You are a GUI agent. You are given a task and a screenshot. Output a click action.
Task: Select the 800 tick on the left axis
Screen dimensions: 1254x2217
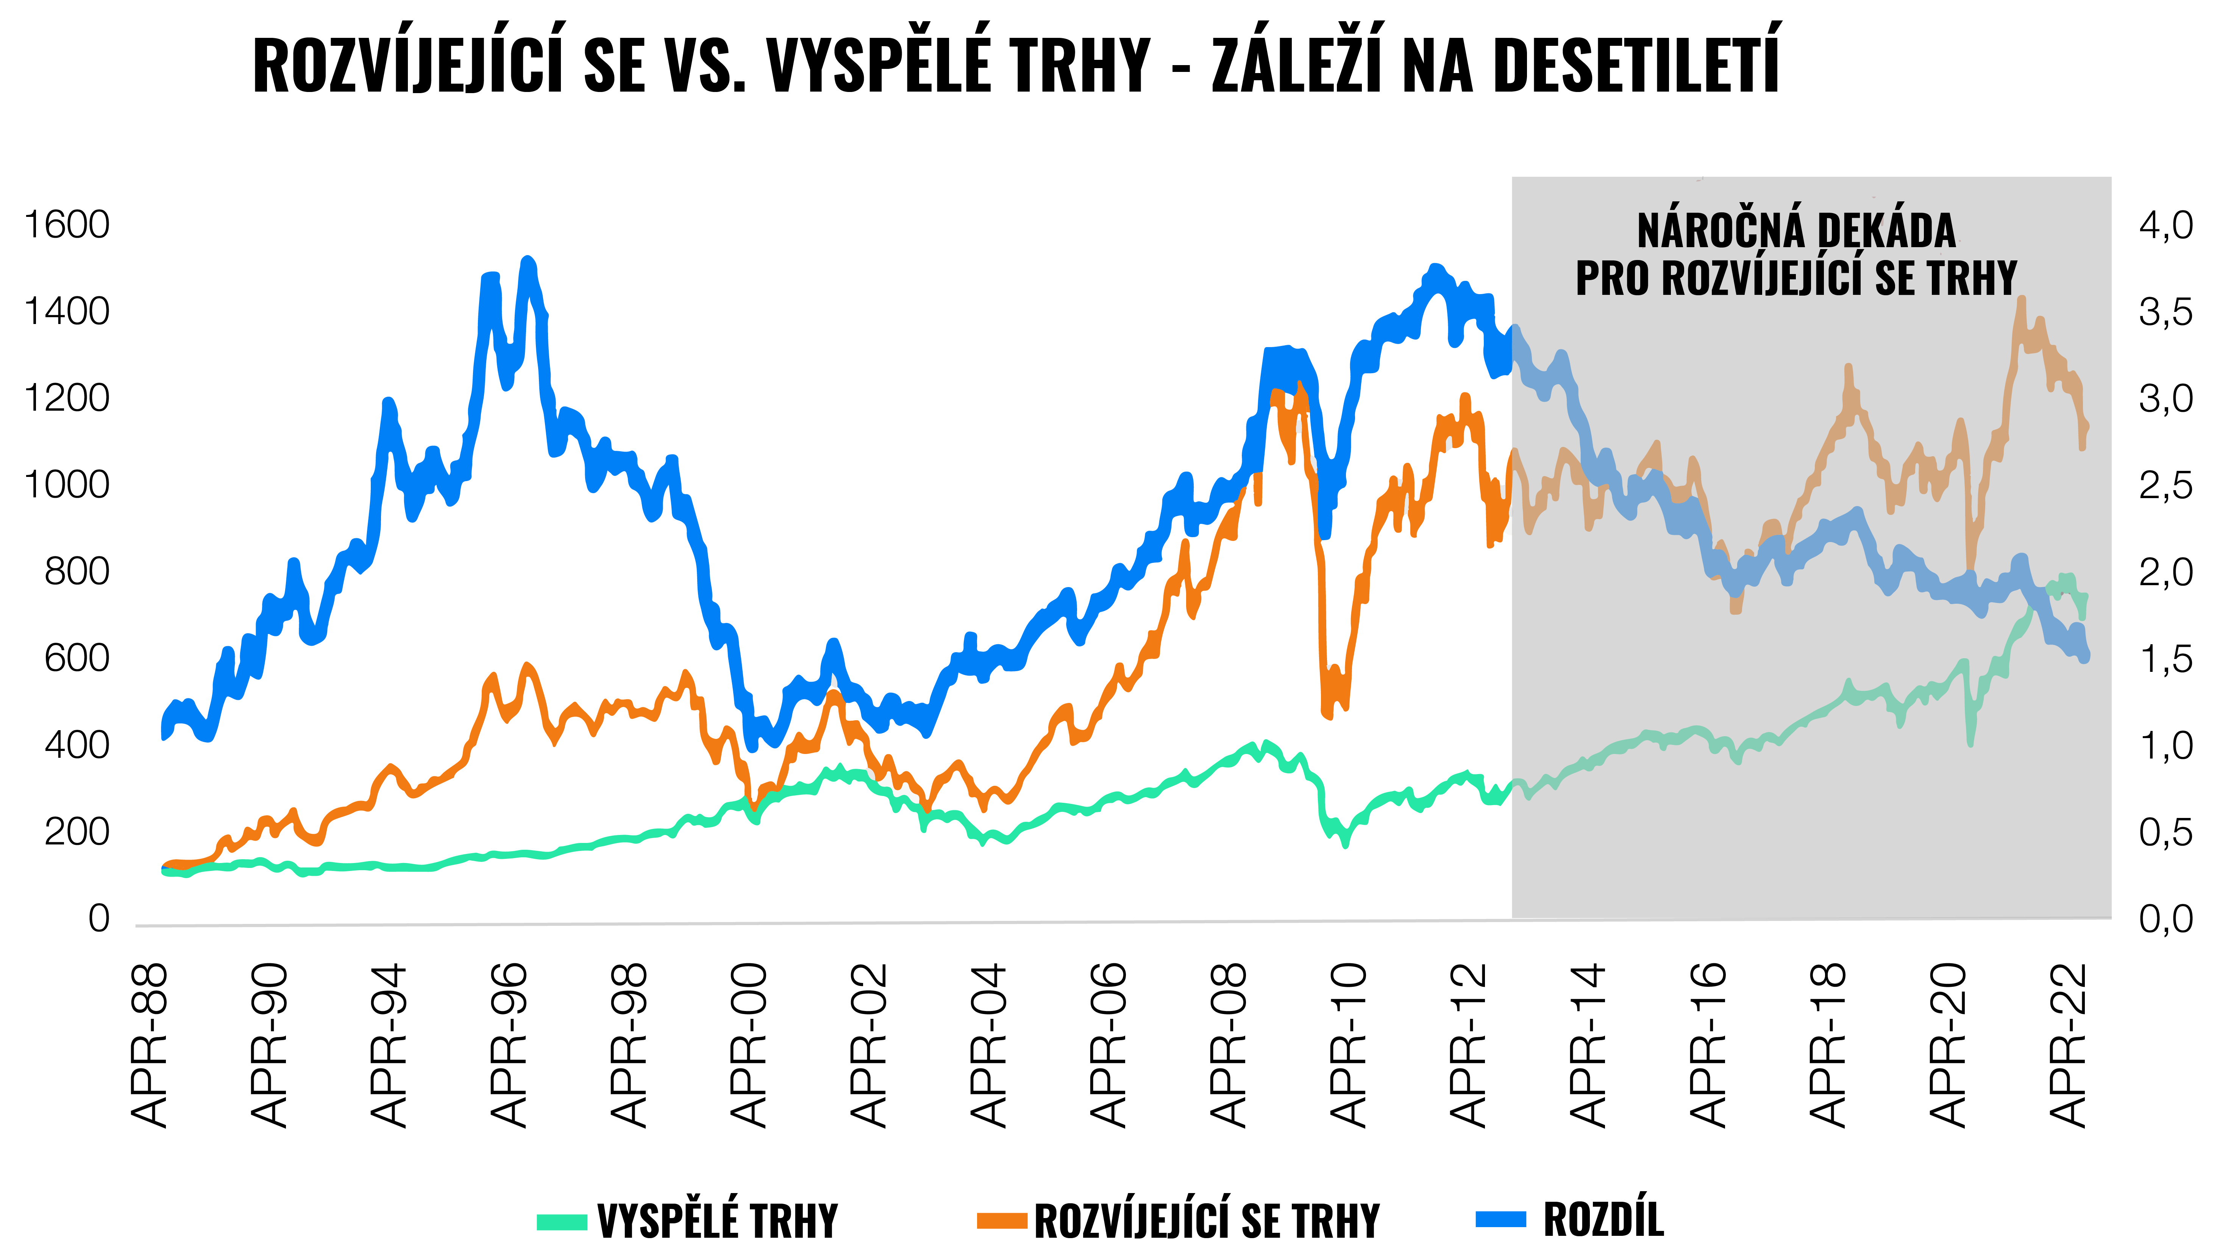pyautogui.click(x=77, y=572)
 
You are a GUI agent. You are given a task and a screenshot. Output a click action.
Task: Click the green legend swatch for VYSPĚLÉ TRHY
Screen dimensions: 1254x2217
pyautogui.click(x=562, y=1221)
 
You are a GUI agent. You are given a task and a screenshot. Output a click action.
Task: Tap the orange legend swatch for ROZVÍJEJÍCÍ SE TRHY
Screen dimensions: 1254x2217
pyautogui.click(x=1002, y=1221)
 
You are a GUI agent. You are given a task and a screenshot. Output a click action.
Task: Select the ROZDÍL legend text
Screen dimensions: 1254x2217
pyautogui.click(x=1603, y=1220)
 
